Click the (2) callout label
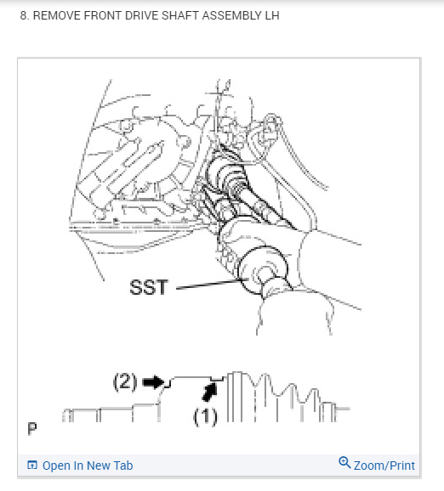(x=126, y=382)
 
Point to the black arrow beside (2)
(x=153, y=383)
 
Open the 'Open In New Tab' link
(x=87, y=466)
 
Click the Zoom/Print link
(x=384, y=466)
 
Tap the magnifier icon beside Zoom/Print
(x=344, y=463)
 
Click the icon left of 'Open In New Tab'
(x=32, y=466)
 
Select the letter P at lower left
(x=32, y=427)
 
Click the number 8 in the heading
(x=23, y=16)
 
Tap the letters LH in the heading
(x=270, y=16)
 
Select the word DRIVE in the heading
(x=141, y=16)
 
